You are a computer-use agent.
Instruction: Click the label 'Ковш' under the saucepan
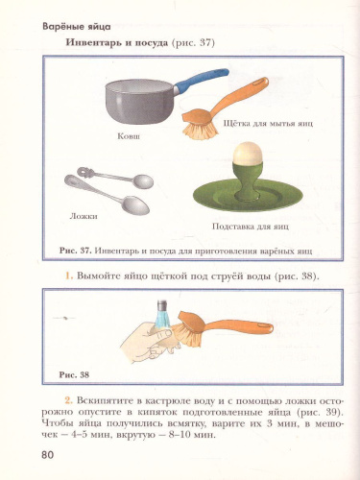[128, 138]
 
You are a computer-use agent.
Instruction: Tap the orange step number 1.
[69, 277]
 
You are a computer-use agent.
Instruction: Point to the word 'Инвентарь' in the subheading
[95, 46]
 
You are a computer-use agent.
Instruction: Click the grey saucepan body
[134, 100]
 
